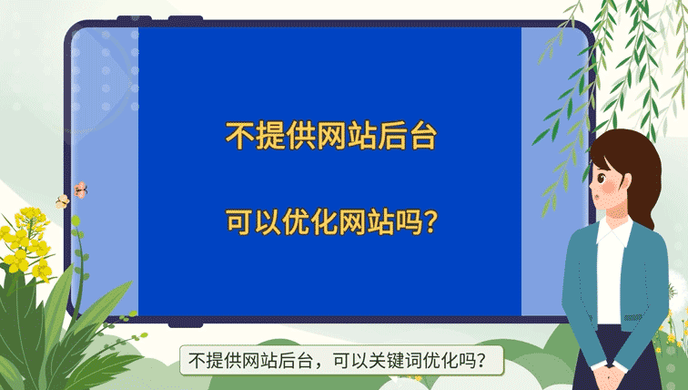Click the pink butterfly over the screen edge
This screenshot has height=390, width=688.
81,190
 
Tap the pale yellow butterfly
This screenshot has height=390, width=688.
62,200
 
